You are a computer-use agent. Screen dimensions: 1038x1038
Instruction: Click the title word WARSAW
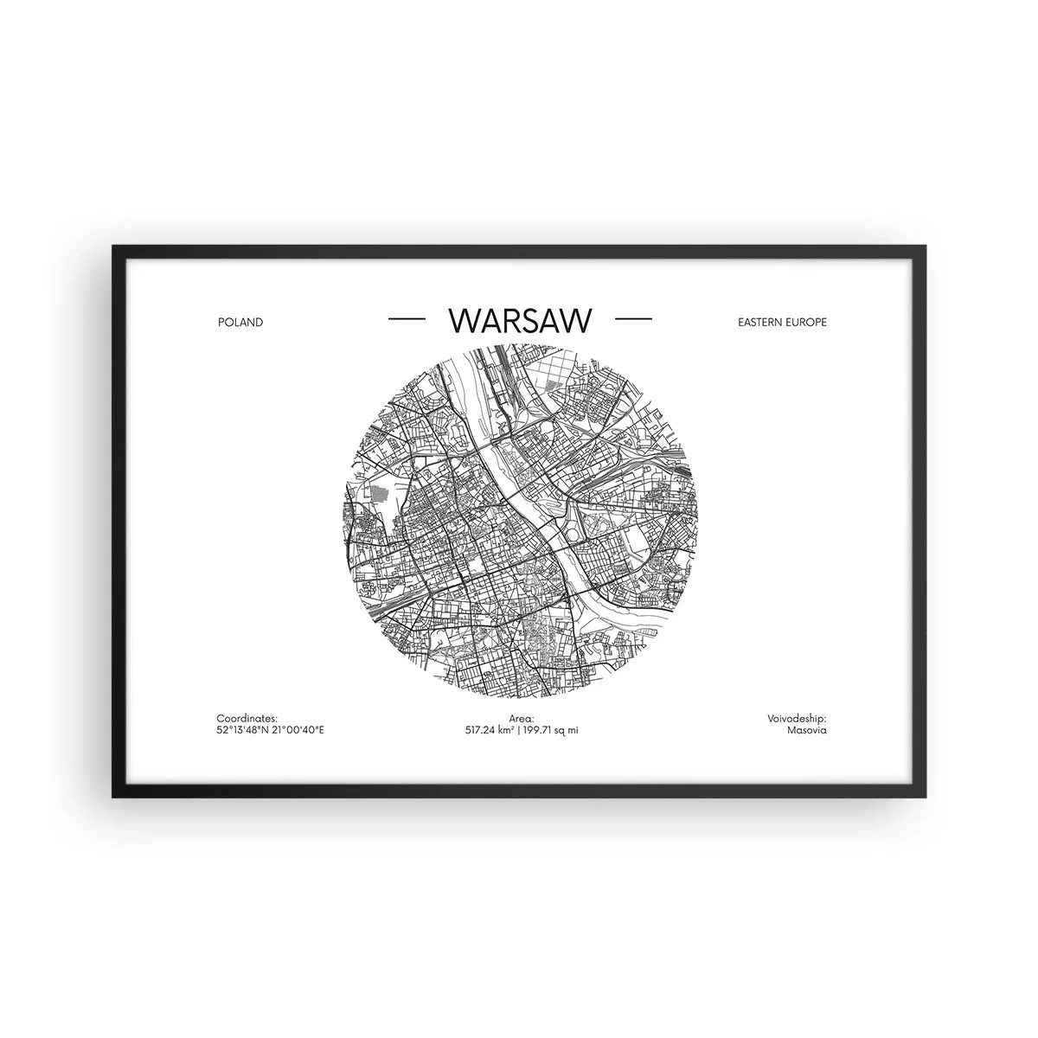(x=520, y=320)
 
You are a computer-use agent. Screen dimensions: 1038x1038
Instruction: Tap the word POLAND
(x=241, y=322)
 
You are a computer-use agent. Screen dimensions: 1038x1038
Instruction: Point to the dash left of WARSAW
(x=407, y=319)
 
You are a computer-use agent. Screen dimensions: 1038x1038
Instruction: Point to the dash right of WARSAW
(x=632, y=319)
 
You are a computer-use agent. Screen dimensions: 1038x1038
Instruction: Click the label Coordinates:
(x=247, y=718)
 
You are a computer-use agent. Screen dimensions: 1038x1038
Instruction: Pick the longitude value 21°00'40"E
(x=297, y=730)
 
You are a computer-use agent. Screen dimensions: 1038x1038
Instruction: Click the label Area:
(x=522, y=718)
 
